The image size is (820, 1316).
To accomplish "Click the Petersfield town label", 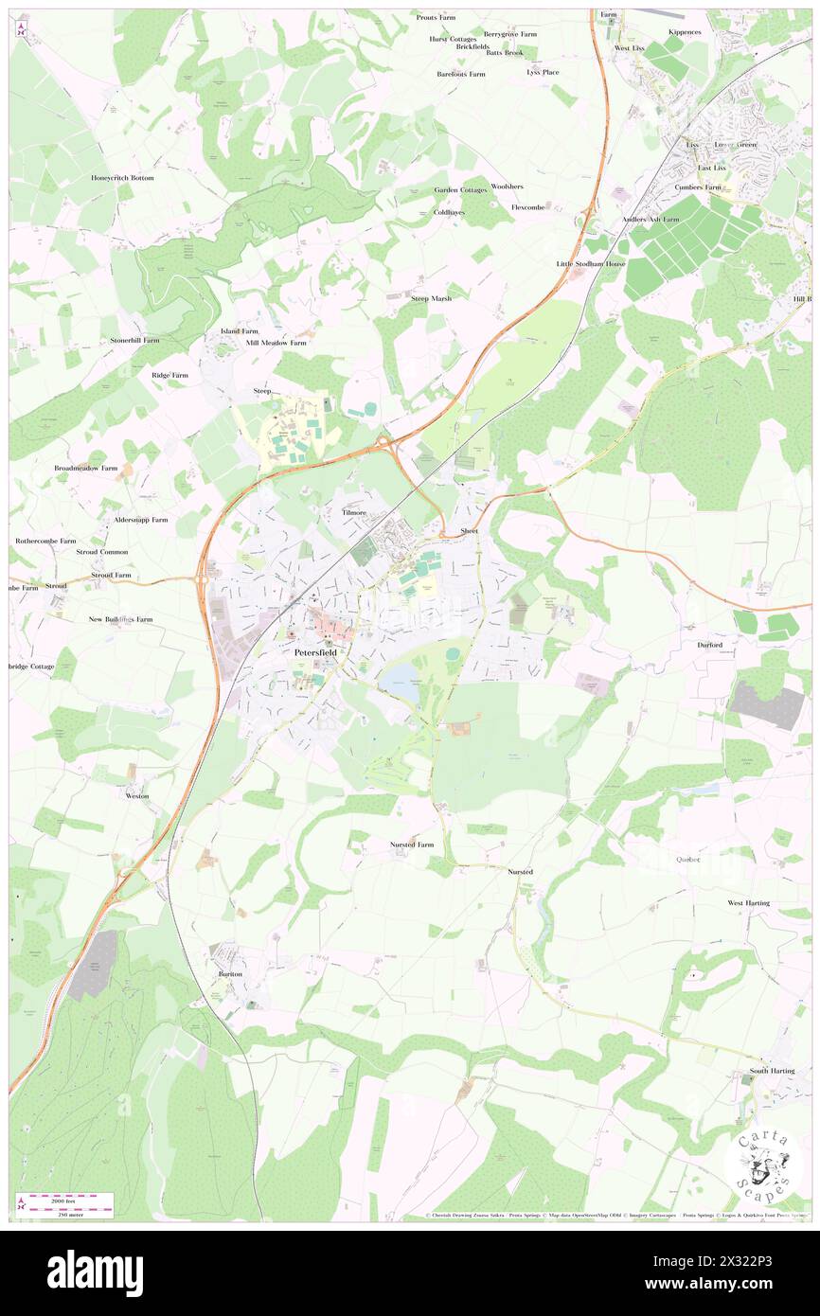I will coord(315,652).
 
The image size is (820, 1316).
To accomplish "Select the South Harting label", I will coord(773,1071).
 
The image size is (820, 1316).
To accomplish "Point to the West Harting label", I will coord(748,903).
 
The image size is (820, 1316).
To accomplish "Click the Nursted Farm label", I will coord(412,844).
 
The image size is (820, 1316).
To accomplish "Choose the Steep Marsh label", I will coord(431,298).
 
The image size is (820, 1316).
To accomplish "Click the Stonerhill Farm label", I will coord(134,339).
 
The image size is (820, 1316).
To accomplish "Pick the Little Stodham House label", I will coord(591,263).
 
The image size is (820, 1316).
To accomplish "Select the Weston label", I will coord(137,796).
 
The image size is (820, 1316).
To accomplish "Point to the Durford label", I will coord(710,645).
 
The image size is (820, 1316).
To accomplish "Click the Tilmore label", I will coord(355,512).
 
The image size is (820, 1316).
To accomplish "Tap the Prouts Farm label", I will coord(435,17).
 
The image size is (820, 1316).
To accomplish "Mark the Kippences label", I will coord(684,31).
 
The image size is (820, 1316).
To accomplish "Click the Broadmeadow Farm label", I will coord(86,468).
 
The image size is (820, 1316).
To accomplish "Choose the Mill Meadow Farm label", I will coord(276,343).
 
